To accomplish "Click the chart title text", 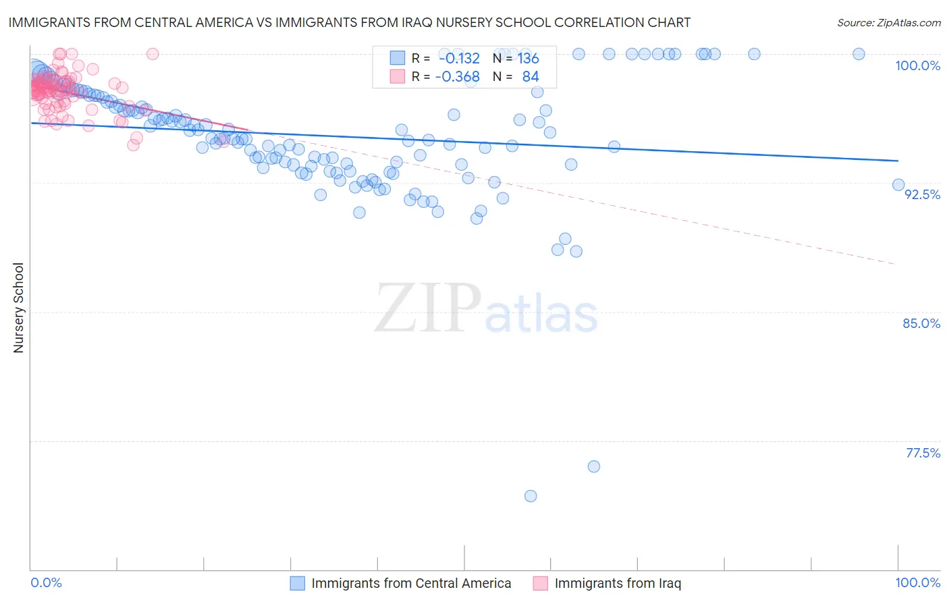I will pyautogui.click(x=350, y=22).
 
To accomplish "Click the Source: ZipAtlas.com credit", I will pyautogui.click(x=888, y=22).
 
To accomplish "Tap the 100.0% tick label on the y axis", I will pyautogui.click(x=917, y=65).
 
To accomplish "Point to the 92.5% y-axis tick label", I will pyautogui.click(x=922, y=194).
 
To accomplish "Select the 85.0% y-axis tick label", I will pyautogui.click(x=921, y=323).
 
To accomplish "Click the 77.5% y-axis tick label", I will pyautogui.click(x=923, y=453).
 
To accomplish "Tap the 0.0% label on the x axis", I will pyautogui.click(x=47, y=582).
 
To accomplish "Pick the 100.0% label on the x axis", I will pyautogui.click(x=917, y=582).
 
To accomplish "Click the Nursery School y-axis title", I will pyautogui.click(x=18, y=307).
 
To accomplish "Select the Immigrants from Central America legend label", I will pyautogui.click(x=411, y=583).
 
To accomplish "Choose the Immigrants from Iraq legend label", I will pyautogui.click(x=618, y=583).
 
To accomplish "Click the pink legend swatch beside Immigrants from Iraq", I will pyautogui.click(x=540, y=583).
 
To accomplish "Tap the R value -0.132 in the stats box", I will pyautogui.click(x=459, y=59).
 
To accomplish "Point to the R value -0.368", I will pyautogui.click(x=458, y=77).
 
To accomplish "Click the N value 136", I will pyautogui.click(x=528, y=59).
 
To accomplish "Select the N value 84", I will pyautogui.click(x=531, y=77).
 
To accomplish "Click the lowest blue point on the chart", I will pyautogui.click(x=531, y=496).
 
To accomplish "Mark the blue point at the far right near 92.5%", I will pyautogui.click(x=898, y=185).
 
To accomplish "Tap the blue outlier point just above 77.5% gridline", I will pyautogui.click(x=594, y=466).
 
